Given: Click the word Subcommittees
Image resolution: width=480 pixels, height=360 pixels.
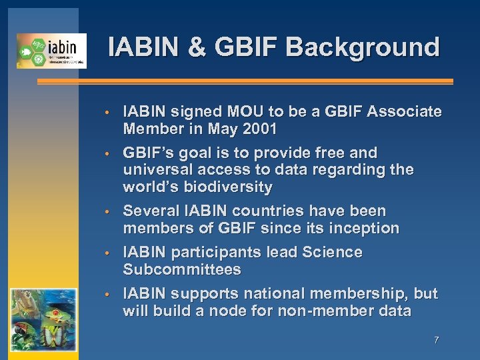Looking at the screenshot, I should click(x=181, y=269).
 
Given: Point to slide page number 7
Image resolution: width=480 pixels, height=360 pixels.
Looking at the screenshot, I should click(x=436, y=340).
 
